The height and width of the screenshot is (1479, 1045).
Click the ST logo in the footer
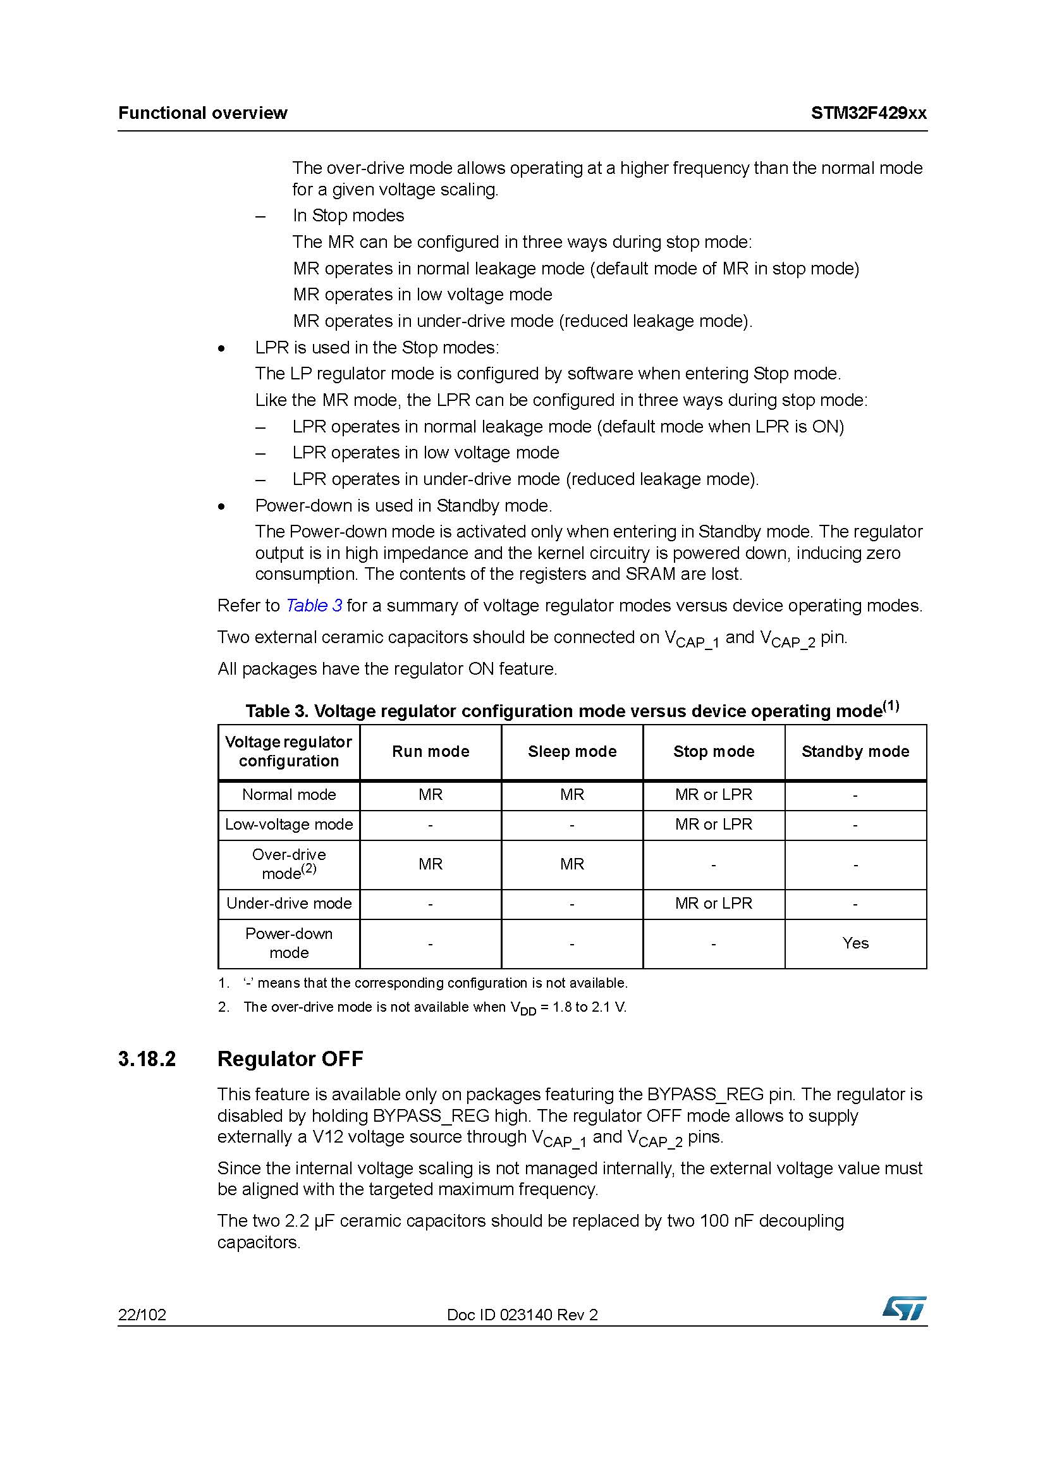tap(904, 1308)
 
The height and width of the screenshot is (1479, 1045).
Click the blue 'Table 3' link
tap(314, 606)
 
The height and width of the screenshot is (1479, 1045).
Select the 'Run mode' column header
tap(430, 751)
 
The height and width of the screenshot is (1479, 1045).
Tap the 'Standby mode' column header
tap(855, 751)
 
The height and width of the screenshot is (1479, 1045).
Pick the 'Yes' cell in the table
tap(855, 943)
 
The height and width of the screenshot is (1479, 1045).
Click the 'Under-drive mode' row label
tap(288, 903)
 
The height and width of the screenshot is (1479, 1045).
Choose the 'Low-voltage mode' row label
tap(288, 825)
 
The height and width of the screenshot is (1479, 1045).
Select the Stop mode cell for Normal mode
tap(713, 794)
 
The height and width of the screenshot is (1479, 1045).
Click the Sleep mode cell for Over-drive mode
tap(571, 864)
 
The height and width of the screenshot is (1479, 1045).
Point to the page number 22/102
tap(142, 1315)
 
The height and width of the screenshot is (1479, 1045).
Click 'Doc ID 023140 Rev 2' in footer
tap(522, 1315)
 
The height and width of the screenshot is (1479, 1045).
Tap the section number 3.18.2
tap(147, 1059)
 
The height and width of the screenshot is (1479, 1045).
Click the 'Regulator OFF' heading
tap(290, 1059)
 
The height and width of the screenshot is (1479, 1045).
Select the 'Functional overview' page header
tap(203, 113)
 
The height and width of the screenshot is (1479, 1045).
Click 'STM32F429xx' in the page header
tap(869, 113)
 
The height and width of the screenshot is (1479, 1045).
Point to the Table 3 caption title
tap(571, 711)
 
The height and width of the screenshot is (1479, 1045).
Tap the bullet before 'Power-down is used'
tap(222, 506)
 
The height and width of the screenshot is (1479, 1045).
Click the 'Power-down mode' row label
tap(288, 943)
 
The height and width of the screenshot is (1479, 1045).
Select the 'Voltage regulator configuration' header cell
tap(288, 751)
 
